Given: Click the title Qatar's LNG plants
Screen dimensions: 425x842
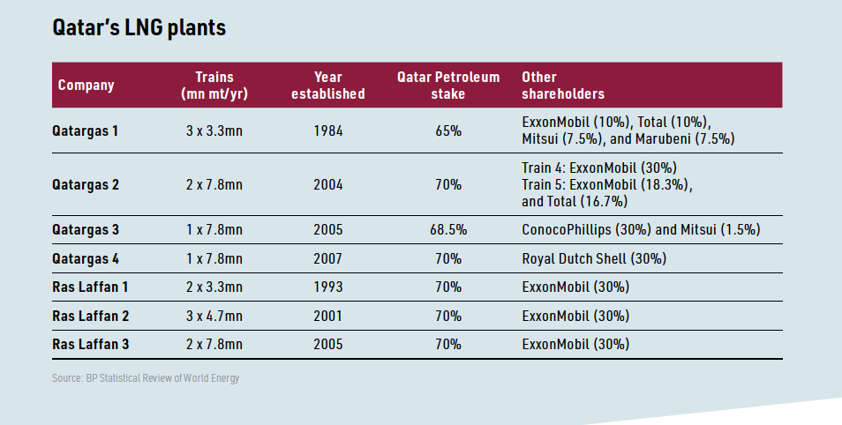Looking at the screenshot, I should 139,28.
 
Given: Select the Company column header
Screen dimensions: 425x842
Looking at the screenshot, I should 86,86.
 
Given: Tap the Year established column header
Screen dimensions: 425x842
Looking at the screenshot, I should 328,86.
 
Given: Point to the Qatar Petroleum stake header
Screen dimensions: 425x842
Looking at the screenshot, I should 447,86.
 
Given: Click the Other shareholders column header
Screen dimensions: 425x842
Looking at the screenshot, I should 563,86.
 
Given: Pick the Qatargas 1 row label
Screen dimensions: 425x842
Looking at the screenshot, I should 85,131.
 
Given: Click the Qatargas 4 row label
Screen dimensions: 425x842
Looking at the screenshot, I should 85,258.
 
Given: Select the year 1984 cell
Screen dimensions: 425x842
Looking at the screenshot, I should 328,131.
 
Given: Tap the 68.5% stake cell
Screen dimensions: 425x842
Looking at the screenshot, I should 447,230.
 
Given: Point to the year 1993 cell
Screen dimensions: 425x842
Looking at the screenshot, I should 328,287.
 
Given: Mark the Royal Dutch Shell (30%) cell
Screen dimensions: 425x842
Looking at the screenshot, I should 594,258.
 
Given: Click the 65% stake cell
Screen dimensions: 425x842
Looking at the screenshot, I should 447,131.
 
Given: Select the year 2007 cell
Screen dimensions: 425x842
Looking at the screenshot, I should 328,258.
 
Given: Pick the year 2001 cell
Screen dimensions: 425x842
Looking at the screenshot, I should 328,315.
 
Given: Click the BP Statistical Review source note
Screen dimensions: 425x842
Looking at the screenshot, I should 146,378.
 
